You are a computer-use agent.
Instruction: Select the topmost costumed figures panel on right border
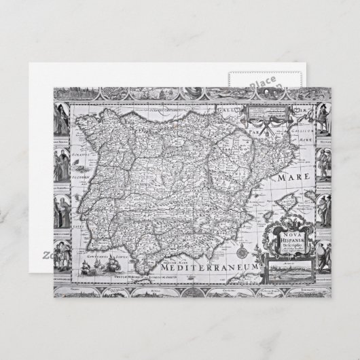(325, 121)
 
